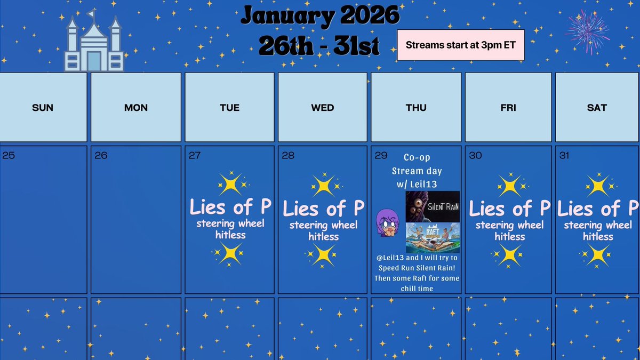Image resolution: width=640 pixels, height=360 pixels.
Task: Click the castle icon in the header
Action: (x=94, y=42)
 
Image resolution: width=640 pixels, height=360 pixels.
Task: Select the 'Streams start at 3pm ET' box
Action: (x=461, y=45)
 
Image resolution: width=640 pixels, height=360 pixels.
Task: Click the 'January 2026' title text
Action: (x=319, y=16)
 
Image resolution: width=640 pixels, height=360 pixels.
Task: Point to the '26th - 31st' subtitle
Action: (x=319, y=46)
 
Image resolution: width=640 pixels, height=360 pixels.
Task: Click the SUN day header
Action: (x=43, y=108)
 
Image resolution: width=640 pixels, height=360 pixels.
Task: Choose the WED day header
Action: (x=323, y=108)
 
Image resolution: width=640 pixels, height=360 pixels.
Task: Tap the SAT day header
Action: (x=597, y=108)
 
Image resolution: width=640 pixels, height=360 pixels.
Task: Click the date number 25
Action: (x=9, y=156)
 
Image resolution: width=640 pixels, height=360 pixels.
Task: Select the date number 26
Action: (x=101, y=156)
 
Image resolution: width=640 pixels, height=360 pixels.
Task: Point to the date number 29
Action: (x=381, y=155)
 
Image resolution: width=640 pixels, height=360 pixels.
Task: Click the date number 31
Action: (x=565, y=156)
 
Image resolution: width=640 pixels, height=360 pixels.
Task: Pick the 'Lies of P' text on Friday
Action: (x=509, y=208)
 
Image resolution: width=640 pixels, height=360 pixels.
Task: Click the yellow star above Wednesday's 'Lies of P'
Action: (x=323, y=186)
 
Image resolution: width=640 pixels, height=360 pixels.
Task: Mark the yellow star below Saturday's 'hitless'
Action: (x=597, y=255)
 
